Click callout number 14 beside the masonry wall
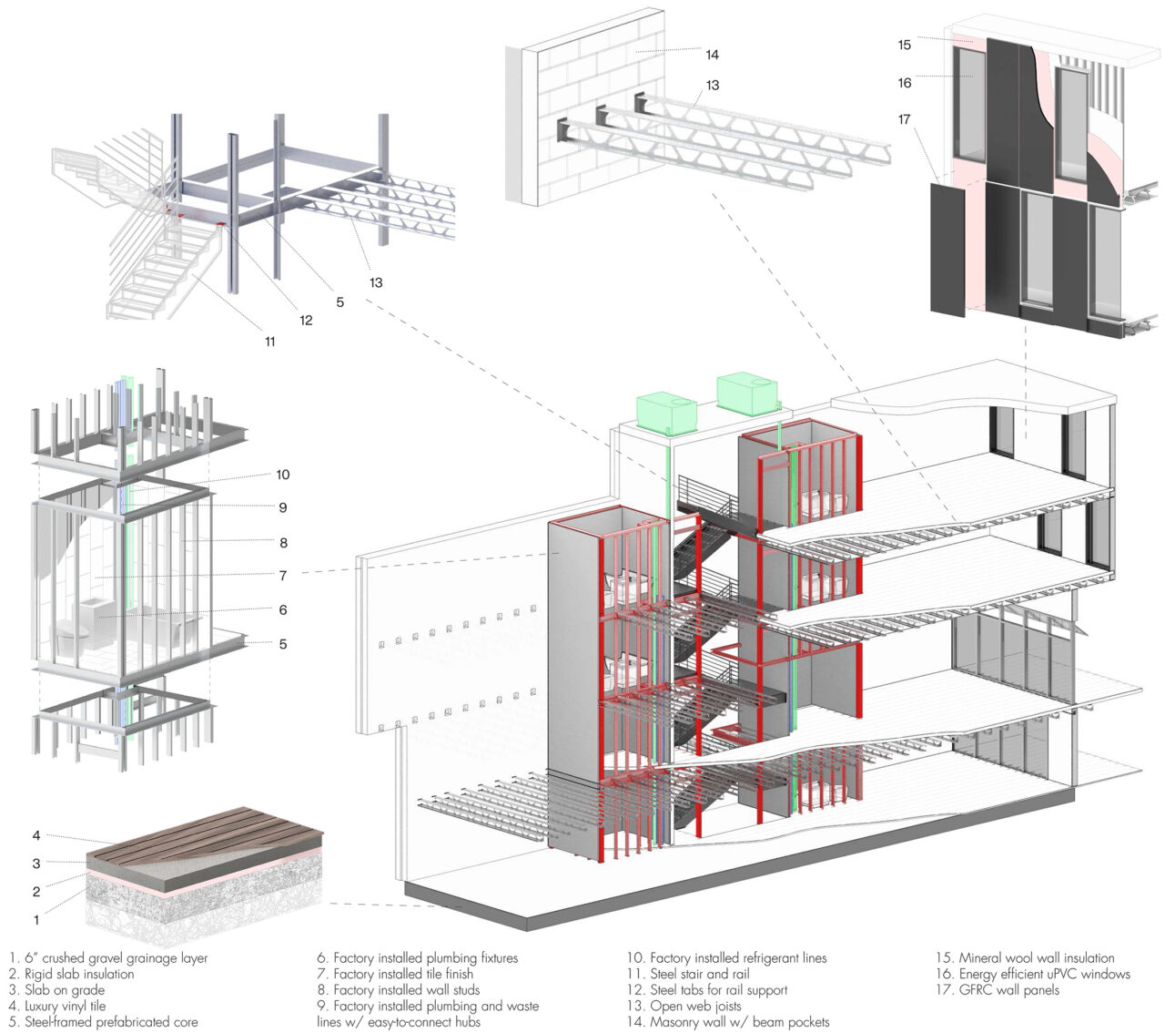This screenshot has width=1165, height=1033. pos(712,55)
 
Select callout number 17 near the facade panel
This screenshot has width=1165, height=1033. pos(904,119)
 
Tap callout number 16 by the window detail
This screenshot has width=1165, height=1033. pos(904,83)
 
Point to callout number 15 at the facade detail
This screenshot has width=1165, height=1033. pos(904,45)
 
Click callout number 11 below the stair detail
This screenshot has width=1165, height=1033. pos(270,342)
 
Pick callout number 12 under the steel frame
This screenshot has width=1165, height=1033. pos(306,320)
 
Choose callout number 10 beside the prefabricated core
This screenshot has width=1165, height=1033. pos(283,475)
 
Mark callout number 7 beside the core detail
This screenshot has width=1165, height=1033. pos(283,576)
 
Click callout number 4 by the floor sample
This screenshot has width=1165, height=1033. pos(36,835)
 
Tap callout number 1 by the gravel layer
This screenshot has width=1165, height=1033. pos(36,921)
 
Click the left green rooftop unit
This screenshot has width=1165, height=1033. pos(667,412)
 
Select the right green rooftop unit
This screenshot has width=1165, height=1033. pos(749,392)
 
